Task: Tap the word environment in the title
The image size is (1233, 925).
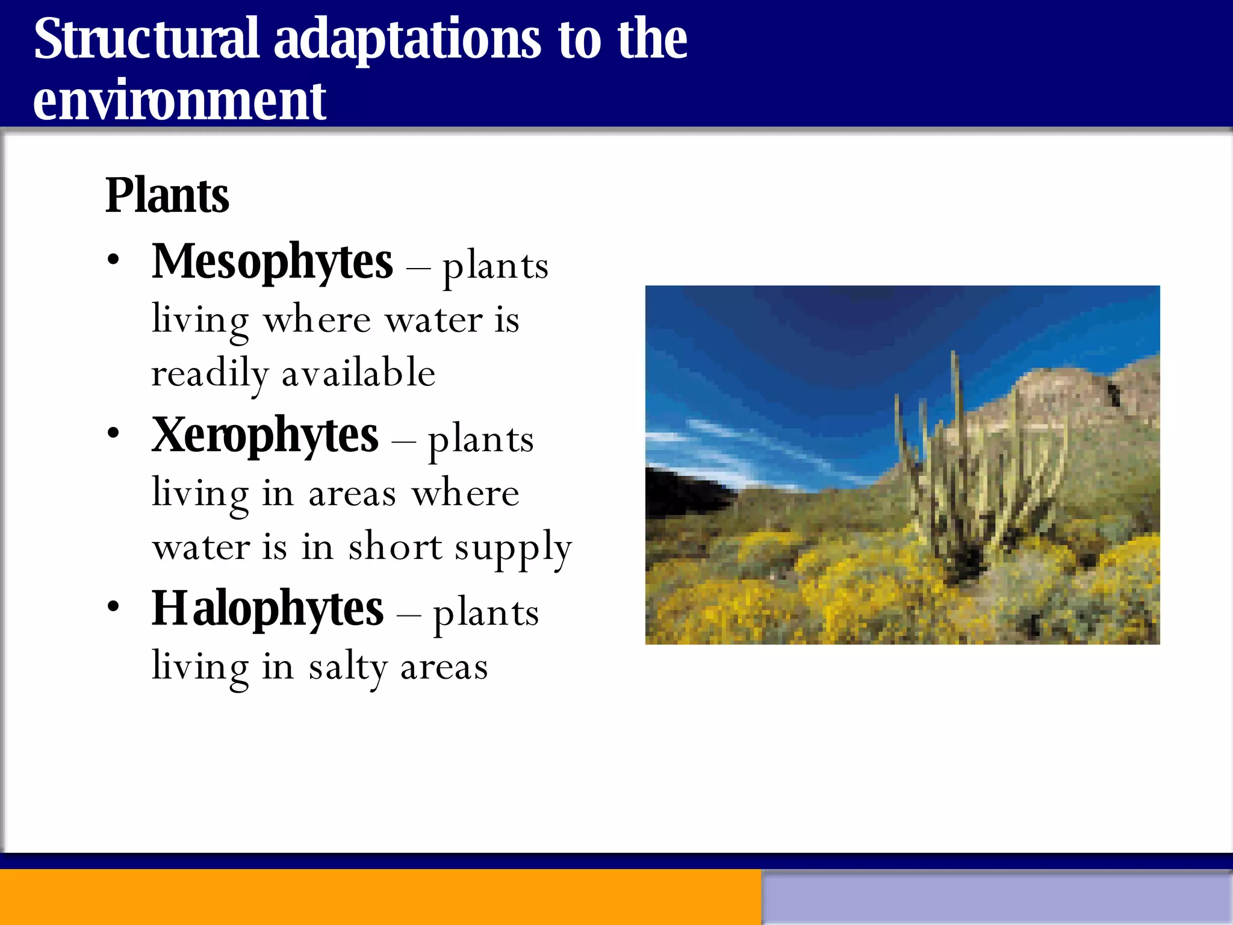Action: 179,101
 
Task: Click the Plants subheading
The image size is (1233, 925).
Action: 167,196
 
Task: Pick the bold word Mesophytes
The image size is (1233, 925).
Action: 272,262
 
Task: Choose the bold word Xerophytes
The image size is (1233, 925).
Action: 265,435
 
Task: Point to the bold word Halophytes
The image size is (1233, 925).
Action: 267,609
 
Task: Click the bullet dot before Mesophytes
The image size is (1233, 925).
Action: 113,261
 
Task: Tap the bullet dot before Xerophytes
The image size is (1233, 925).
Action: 113,434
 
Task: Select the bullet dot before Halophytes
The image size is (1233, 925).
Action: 113,607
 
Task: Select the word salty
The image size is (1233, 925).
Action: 348,667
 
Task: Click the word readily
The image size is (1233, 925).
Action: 209,374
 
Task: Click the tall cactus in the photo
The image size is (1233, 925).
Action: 957,470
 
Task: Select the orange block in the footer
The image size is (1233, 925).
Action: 379,897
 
